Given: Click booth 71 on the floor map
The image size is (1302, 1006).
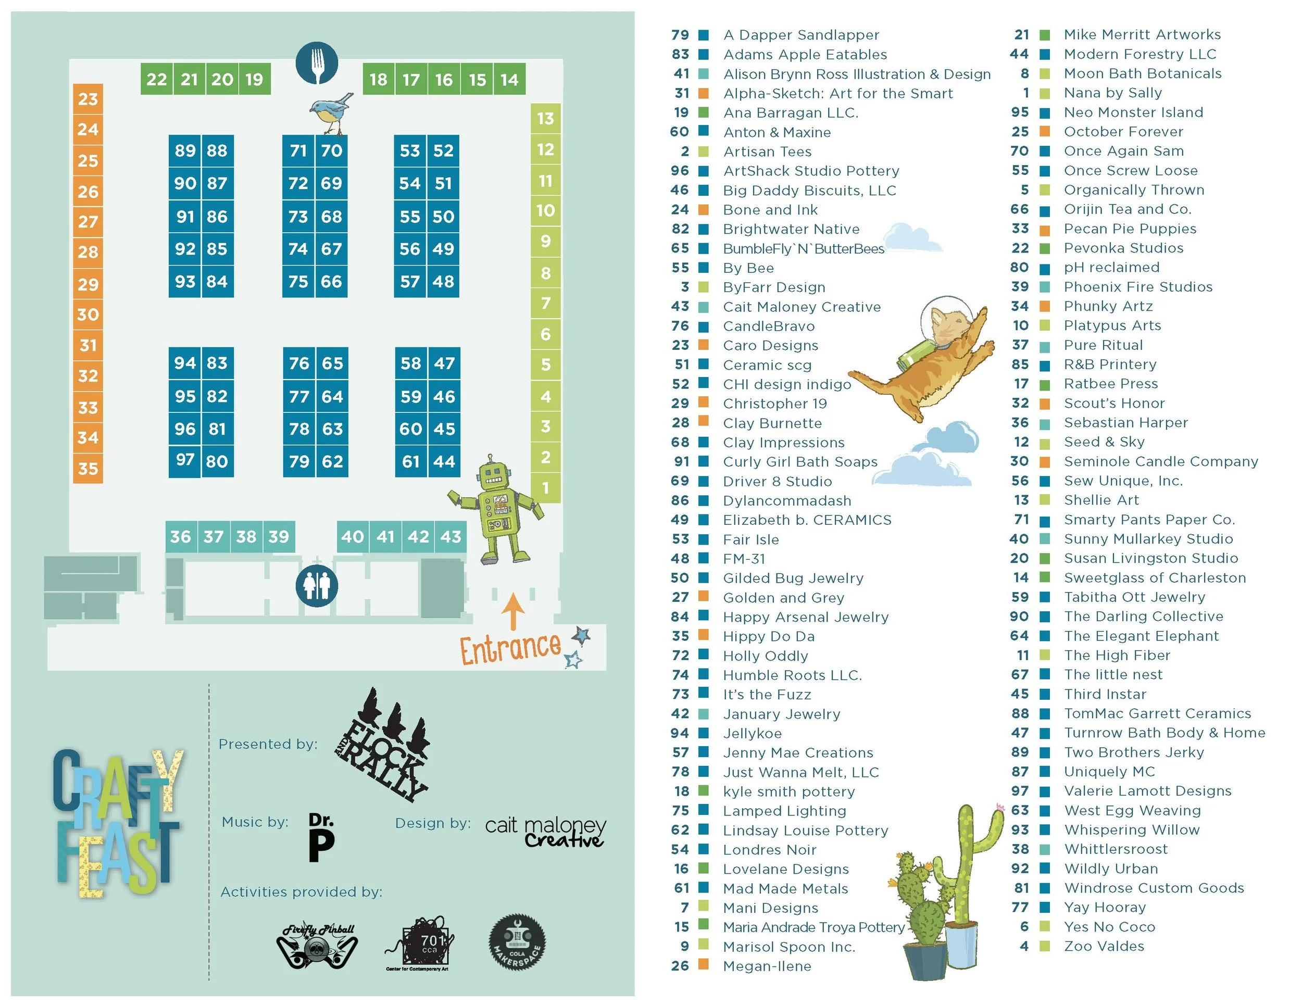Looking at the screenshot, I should tap(298, 151).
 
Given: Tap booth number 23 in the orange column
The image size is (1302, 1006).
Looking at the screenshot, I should tap(87, 99).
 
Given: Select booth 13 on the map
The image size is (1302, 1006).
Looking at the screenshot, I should tap(545, 119).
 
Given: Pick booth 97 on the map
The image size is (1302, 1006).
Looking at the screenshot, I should tap(185, 460).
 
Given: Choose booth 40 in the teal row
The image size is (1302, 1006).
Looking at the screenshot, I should tap(353, 537).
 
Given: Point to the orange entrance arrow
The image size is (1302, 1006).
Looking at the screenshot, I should tap(512, 611).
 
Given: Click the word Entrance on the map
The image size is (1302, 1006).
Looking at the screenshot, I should tap(510, 648).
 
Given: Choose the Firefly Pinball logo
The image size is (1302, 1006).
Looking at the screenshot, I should tap(317, 945).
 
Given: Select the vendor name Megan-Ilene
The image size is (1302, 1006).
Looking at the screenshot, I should tap(767, 966).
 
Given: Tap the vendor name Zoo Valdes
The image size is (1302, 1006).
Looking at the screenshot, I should tap(1104, 947).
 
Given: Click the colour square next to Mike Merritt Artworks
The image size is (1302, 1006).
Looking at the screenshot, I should tap(1044, 35).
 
